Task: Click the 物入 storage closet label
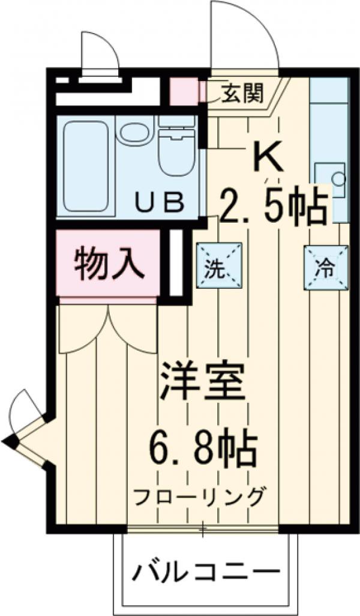[109, 264]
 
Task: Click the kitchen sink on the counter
[330, 178]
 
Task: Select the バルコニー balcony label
[207, 571]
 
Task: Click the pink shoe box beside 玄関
[183, 91]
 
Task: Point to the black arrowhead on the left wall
[10, 443]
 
